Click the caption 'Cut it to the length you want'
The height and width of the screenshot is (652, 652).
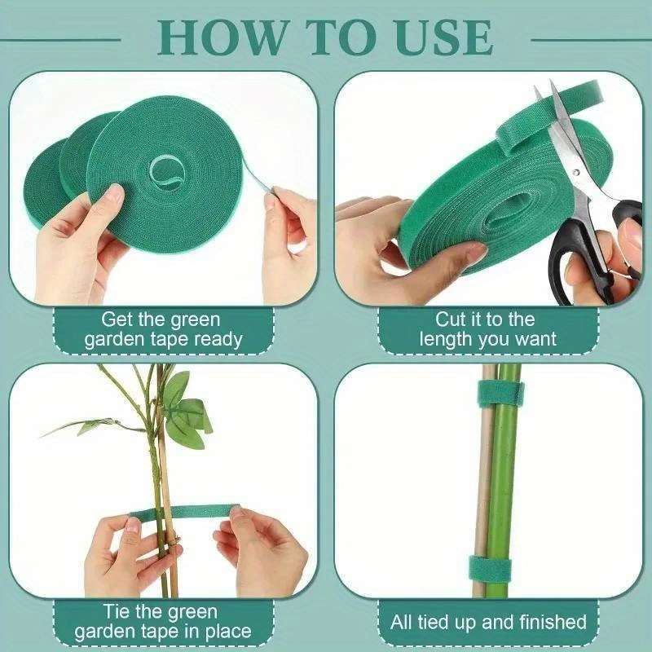point(487,329)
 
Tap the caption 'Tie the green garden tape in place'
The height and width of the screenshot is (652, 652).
point(163,621)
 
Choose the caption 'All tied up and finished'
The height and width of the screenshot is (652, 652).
point(488,623)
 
